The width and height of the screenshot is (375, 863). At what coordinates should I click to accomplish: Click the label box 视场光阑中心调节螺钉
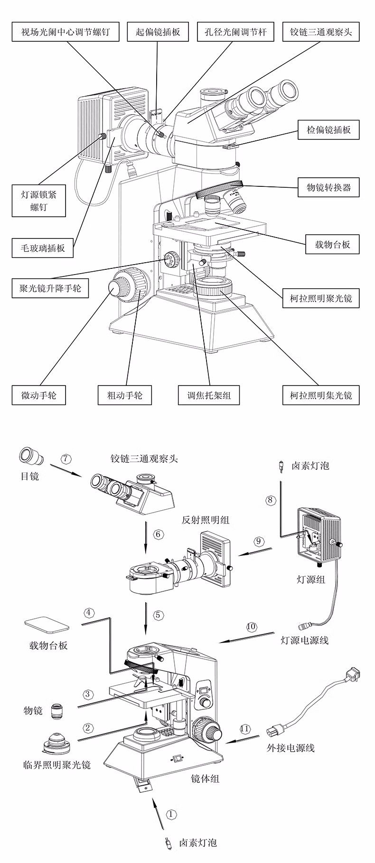click(66, 32)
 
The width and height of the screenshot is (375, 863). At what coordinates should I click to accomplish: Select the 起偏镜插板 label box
click(158, 32)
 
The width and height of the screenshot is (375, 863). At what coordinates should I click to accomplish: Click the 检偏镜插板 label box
click(328, 129)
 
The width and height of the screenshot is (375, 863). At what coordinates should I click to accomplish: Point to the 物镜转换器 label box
click(328, 187)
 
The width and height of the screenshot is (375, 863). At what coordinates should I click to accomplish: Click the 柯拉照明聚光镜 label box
click(321, 298)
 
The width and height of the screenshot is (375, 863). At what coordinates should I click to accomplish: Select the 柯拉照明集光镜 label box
click(321, 395)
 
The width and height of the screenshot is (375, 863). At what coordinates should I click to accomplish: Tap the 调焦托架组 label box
click(208, 395)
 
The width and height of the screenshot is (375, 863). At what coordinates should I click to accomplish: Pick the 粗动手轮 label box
click(125, 395)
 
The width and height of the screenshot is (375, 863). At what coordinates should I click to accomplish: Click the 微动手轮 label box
click(38, 395)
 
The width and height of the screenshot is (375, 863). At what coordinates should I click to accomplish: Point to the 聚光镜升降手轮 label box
click(50, 288)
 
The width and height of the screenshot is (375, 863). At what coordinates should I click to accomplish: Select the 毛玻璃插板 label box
click(43, 248)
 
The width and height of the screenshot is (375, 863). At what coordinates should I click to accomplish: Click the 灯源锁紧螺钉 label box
click(38, 201)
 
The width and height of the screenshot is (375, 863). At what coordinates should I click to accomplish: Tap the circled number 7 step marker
click(66, 459)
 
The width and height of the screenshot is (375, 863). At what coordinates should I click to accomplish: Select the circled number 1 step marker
click(172, 814)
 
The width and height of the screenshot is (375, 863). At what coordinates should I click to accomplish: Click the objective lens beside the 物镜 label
click(57, 710)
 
